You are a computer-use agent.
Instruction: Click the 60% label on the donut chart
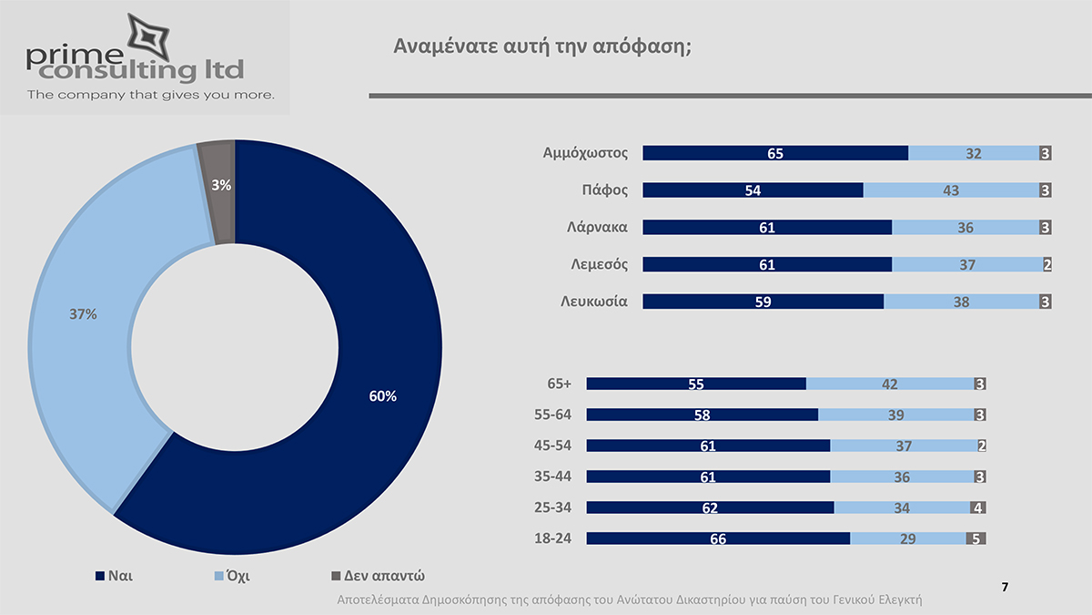(x=383, y=396)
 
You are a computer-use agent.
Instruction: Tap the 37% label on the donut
(x=83, y=314)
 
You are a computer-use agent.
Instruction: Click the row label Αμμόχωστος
(x=585, y=152)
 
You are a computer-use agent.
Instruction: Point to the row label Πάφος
(x=604, y=190)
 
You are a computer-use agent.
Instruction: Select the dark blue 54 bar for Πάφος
(x=753, y=190)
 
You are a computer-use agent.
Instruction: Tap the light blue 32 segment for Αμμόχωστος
(x=974, y=153)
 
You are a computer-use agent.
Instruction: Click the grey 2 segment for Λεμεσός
(x=1047, y=264)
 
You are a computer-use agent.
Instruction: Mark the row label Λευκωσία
(x=593, y=301)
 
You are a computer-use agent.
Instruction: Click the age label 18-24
(x=552, y=538)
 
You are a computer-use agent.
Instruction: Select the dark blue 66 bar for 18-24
(x=718, y=538)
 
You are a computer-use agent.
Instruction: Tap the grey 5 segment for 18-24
(x=976, y=538)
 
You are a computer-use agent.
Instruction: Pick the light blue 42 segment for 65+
(x=890, y=384)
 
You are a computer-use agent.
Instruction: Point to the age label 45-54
(x=552, y=446)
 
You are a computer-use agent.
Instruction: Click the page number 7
(x=1005, y=587)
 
